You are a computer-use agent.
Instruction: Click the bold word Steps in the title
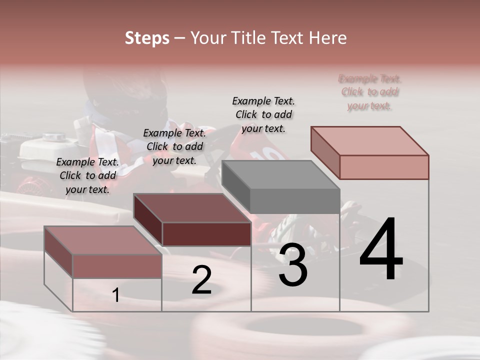(x=147, y=38)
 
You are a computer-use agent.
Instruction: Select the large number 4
(x=381, y=250)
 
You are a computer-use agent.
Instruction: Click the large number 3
(x=293, y=266)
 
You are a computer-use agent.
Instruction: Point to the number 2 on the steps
(x=201, y=280)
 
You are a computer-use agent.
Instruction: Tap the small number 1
(x=116, y=295)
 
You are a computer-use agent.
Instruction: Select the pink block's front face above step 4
(x=384, y=167)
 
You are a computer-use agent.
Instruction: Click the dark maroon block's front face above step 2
(x=206, y=234)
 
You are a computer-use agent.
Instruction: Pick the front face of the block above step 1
(x=117, y=266)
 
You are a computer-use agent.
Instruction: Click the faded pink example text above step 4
(x=369, y=92)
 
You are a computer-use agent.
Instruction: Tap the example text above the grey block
(x=263, y=114)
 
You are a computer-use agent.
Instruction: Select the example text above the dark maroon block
(x=174, y=146)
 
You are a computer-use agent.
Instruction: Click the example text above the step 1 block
(x=87, y=175)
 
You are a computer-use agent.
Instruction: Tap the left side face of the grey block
(x=235, y=186)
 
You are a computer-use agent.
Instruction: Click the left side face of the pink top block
(x=325, y=152)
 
